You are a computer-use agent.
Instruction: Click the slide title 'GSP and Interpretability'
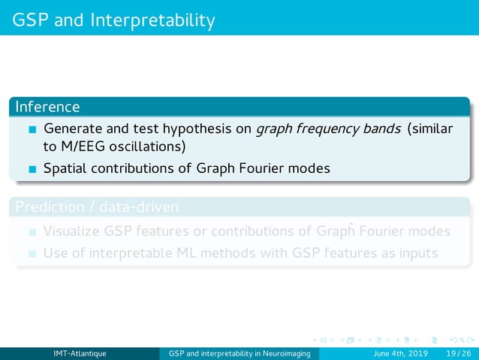point(113,19)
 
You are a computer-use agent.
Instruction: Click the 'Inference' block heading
point(47,107)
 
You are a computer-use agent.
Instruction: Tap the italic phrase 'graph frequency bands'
point(327,129)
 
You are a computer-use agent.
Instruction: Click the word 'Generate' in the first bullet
point(74,129)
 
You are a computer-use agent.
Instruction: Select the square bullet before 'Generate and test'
point(32,129)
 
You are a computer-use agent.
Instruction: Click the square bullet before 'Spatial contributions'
point(32,169)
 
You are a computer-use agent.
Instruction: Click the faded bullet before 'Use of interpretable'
point(32,254)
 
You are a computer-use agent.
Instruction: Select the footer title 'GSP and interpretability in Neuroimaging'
point(243,353)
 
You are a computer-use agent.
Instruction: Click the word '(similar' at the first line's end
point(430,129)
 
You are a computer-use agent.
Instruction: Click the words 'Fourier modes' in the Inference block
point(290,168)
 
